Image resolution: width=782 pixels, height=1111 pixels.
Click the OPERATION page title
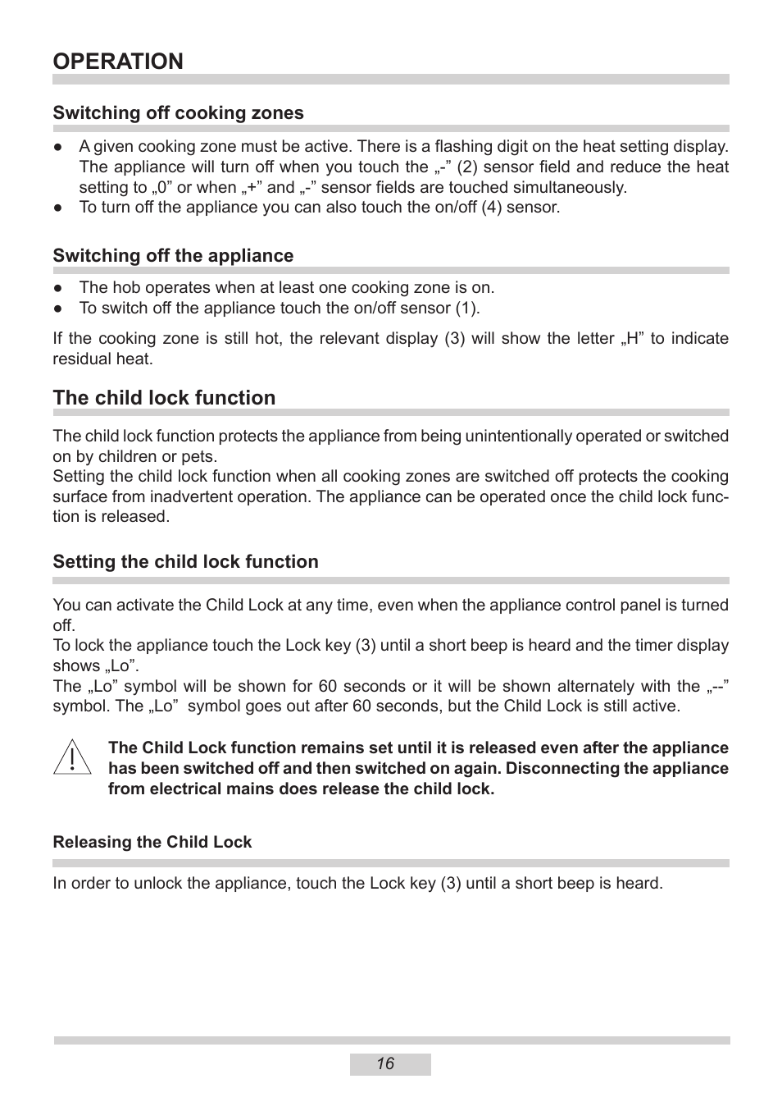point(118,62)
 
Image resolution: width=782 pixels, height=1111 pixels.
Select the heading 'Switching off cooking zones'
point(178,113)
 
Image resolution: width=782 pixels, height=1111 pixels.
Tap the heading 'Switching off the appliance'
point(173,256)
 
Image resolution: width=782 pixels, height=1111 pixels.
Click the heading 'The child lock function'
point(164,398)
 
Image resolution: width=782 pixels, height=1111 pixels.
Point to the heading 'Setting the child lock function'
point(185,562)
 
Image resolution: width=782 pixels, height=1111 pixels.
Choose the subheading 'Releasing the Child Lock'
point(152,843)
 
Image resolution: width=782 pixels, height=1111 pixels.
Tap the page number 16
point(386,1064)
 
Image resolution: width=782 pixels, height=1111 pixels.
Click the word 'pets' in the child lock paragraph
point(201,457)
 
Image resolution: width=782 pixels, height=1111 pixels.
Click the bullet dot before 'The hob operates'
point(58,288)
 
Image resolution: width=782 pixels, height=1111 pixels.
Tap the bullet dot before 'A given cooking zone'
point(58,147)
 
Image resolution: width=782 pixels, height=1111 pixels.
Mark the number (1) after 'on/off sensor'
point(467,309)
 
